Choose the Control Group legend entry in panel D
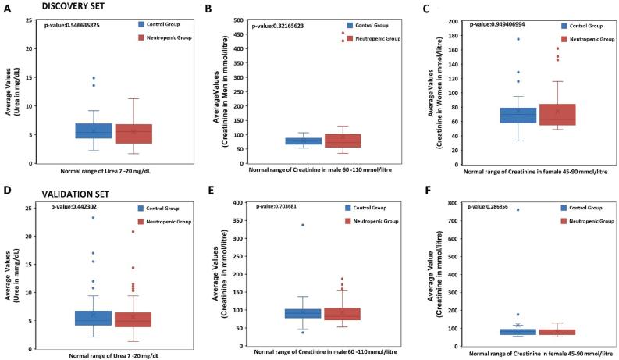(161, 208)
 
